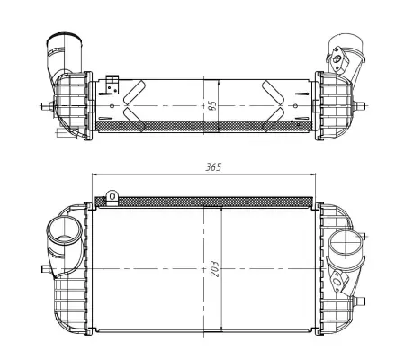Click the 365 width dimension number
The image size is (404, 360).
pyautogui.click(x=213, y=167)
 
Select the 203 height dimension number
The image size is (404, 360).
pyautogui.click(x=215, y=269)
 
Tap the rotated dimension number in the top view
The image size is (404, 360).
pyautogui.click(x=212, y=105)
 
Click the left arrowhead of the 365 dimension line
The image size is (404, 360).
pyautogui.click(x=94, y=175)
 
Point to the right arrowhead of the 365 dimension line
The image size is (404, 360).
pyautogui.click(x=312, y=175)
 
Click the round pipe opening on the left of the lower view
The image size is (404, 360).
pyautogui.click(x=64, y=230)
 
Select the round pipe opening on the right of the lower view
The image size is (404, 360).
pyautogui.click(x=346, y=243)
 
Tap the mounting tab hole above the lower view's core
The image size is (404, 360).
pyautogui.click(x=112, y=196)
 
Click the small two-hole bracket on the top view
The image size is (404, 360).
pyautogui.click(x=112, y=85)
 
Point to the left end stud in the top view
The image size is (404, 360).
pyautogui.click(x=47, y=106)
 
